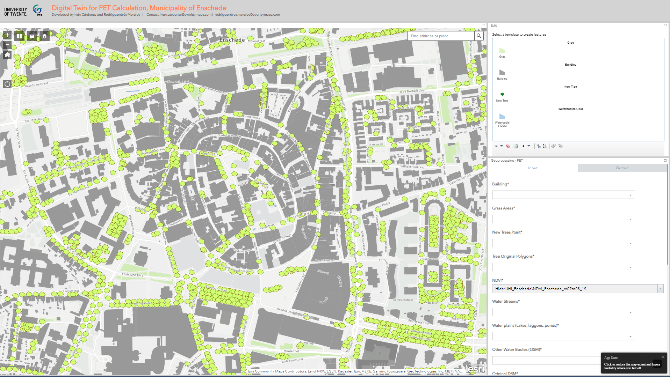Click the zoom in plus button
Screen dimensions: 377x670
click(7, 35)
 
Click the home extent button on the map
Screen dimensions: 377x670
click(7, 55)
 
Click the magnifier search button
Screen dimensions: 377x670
click(479, 36)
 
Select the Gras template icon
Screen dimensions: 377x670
click(502, 51)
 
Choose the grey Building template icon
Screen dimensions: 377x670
click(502, 73)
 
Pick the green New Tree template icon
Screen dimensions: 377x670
click(502, 94)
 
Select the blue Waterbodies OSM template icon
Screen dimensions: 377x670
click(502, 116)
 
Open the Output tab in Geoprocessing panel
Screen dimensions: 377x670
click(622, 168)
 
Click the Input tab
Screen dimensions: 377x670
click(533, 168)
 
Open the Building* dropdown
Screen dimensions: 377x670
click(563, 195)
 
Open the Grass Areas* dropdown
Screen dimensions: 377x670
click(563, 219)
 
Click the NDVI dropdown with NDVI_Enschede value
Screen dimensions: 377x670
click(577, 289)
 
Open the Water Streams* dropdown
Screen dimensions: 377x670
click(563, 312)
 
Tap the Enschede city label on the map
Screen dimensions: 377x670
click(232, 40)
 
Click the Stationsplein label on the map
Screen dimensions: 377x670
click(34, 120)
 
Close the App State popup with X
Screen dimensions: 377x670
click(663, 357)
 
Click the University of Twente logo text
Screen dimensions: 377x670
click(16, 12)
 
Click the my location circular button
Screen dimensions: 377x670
click(7, 84)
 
